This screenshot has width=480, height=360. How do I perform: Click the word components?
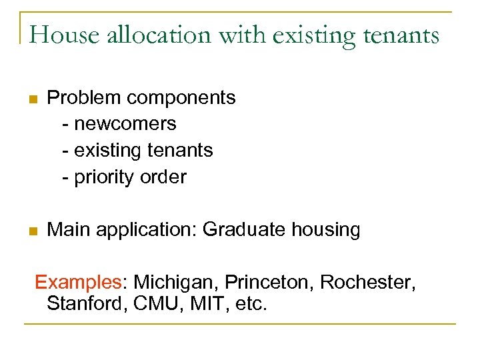(x=181, y=98)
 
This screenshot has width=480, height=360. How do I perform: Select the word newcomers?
(x=125, y=124)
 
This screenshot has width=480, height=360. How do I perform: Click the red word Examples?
(x=78, y=283)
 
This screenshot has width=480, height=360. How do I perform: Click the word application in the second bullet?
(x=146, y=230)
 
